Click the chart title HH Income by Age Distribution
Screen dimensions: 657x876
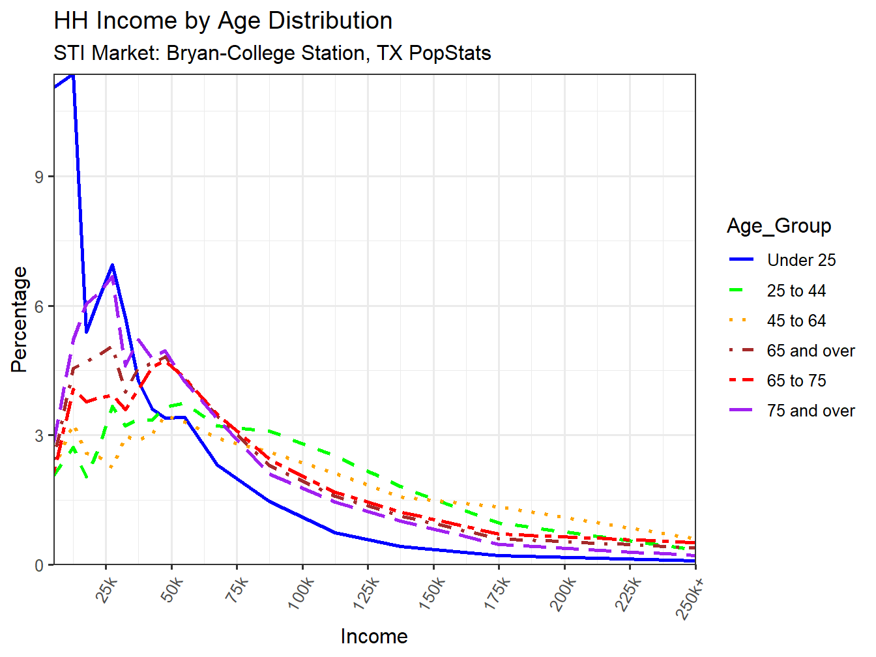pos(223,21)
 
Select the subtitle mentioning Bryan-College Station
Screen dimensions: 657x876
pos(272,53)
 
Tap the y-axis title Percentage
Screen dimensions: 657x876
pos(20,319)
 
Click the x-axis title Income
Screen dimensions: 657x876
pos(374,636)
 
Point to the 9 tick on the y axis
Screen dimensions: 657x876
pos(40,177)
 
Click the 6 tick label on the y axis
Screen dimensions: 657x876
pos(40,306)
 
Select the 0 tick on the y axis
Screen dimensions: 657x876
pos(40,565)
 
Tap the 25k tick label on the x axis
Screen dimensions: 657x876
pos(106,590)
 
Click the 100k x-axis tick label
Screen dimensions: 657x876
pos(301,593)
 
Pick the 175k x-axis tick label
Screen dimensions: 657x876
pos(497,593)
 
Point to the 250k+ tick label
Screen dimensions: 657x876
pos(691,596)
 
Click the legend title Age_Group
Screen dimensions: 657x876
pos(779,226)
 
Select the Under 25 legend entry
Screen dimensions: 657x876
pos(801,260)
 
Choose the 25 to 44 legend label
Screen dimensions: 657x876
pos(796,291)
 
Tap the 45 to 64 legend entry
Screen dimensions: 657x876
pos(796,321)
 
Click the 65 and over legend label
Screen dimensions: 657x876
pos(810,351)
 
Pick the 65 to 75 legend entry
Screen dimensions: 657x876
pos(796,381)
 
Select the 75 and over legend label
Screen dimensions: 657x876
pos(810,411)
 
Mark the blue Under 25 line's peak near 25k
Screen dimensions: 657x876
pos(113,265)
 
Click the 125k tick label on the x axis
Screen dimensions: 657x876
pos(366,593)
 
